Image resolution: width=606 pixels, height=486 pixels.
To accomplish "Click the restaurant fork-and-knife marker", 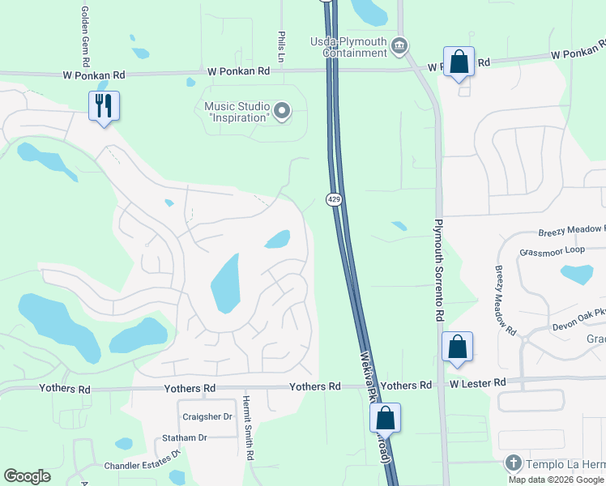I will point(105,105).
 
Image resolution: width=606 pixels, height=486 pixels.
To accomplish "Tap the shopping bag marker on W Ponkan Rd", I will point(459,62).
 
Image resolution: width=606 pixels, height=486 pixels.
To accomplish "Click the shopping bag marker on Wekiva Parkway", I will point(386,418).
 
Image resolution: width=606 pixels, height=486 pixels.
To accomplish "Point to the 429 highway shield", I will point(333,198).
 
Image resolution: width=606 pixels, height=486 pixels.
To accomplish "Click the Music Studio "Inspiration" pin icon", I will point(282,111).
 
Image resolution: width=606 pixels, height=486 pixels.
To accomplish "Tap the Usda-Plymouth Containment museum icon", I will point(399,46).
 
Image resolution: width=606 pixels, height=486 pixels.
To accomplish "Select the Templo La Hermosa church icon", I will point(512,463).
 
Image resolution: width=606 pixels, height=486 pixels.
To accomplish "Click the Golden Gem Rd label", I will point(84,37).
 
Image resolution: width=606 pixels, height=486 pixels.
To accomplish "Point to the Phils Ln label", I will point(281,48).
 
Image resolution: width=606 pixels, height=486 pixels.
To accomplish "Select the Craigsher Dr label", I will point(207,416).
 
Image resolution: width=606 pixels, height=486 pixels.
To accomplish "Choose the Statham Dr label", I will point(185,437).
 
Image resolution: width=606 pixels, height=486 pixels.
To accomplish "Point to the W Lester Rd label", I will point(478,382).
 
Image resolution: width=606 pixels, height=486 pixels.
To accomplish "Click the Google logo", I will point(27,476).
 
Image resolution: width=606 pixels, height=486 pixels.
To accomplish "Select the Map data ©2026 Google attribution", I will point(555,480).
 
